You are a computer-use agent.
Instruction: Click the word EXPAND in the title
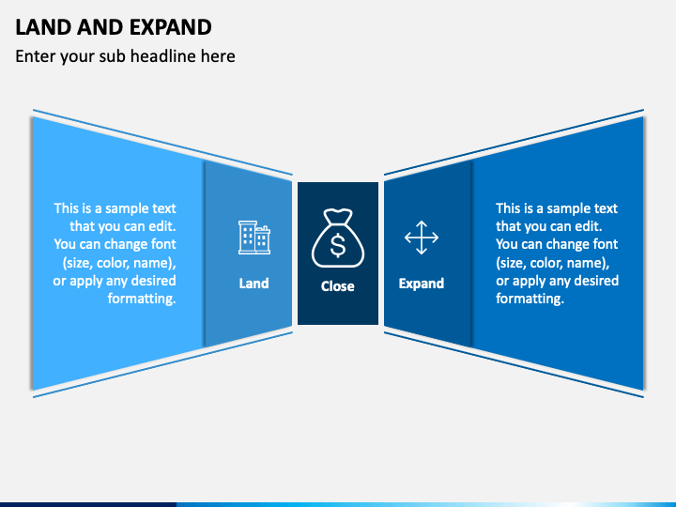(170, 27)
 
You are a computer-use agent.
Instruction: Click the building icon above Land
(254, 238)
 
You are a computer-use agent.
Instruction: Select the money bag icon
(338, 238)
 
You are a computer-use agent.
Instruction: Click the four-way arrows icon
(422, 238)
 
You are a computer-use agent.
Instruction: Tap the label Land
(253, 284)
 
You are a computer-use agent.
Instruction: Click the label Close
(338, 285)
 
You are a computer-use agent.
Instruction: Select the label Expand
(422, 284)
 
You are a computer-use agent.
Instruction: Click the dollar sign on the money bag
(338, 245)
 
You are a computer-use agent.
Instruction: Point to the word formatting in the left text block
(142, 299)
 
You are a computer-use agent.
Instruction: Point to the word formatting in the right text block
(530, 299)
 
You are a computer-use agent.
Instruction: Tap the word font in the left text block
(164, 244)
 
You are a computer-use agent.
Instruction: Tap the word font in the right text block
(607, 244)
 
